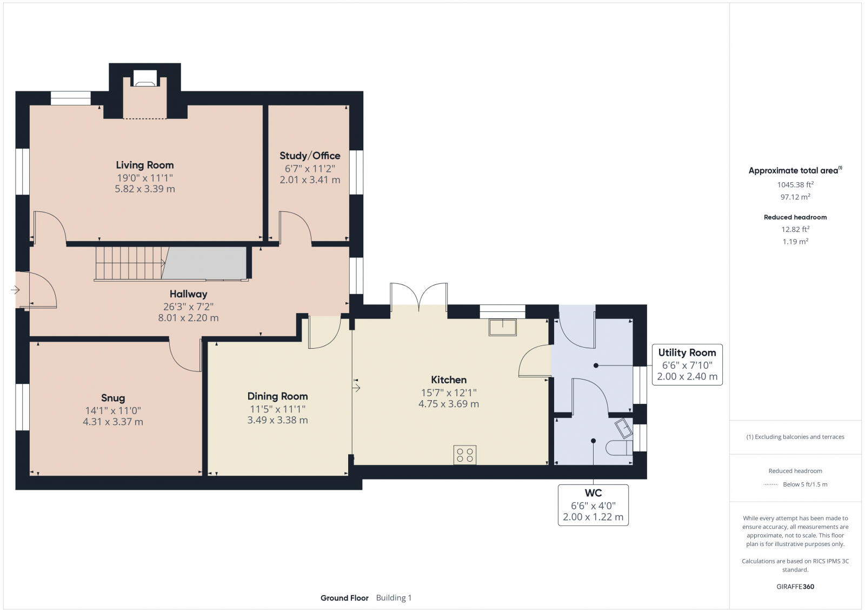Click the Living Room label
click(x=144, y=165)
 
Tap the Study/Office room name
click(x=310, y=156)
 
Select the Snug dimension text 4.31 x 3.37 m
click(x=113, y=422)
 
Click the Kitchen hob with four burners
click(x=465, y=455)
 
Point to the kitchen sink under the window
click(x=502, y=328)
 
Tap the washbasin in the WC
click(x=623, y=428)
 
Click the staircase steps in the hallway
click(x=130, y=263)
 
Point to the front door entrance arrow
click(x=15, y=290)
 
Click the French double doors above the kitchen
click(x=419, y=297)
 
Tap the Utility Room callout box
click(x=687, y=364)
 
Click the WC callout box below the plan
click(x=593, y=505)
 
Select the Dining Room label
click(x=277, y=396)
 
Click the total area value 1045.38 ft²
click(x=795, y=184)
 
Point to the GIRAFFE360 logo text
click(x=795, y=587)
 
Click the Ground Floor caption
click(x=344, y=598)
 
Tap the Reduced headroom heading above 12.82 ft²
click(x=795, y=217)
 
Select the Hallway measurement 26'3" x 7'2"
click(x=188, y=306)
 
